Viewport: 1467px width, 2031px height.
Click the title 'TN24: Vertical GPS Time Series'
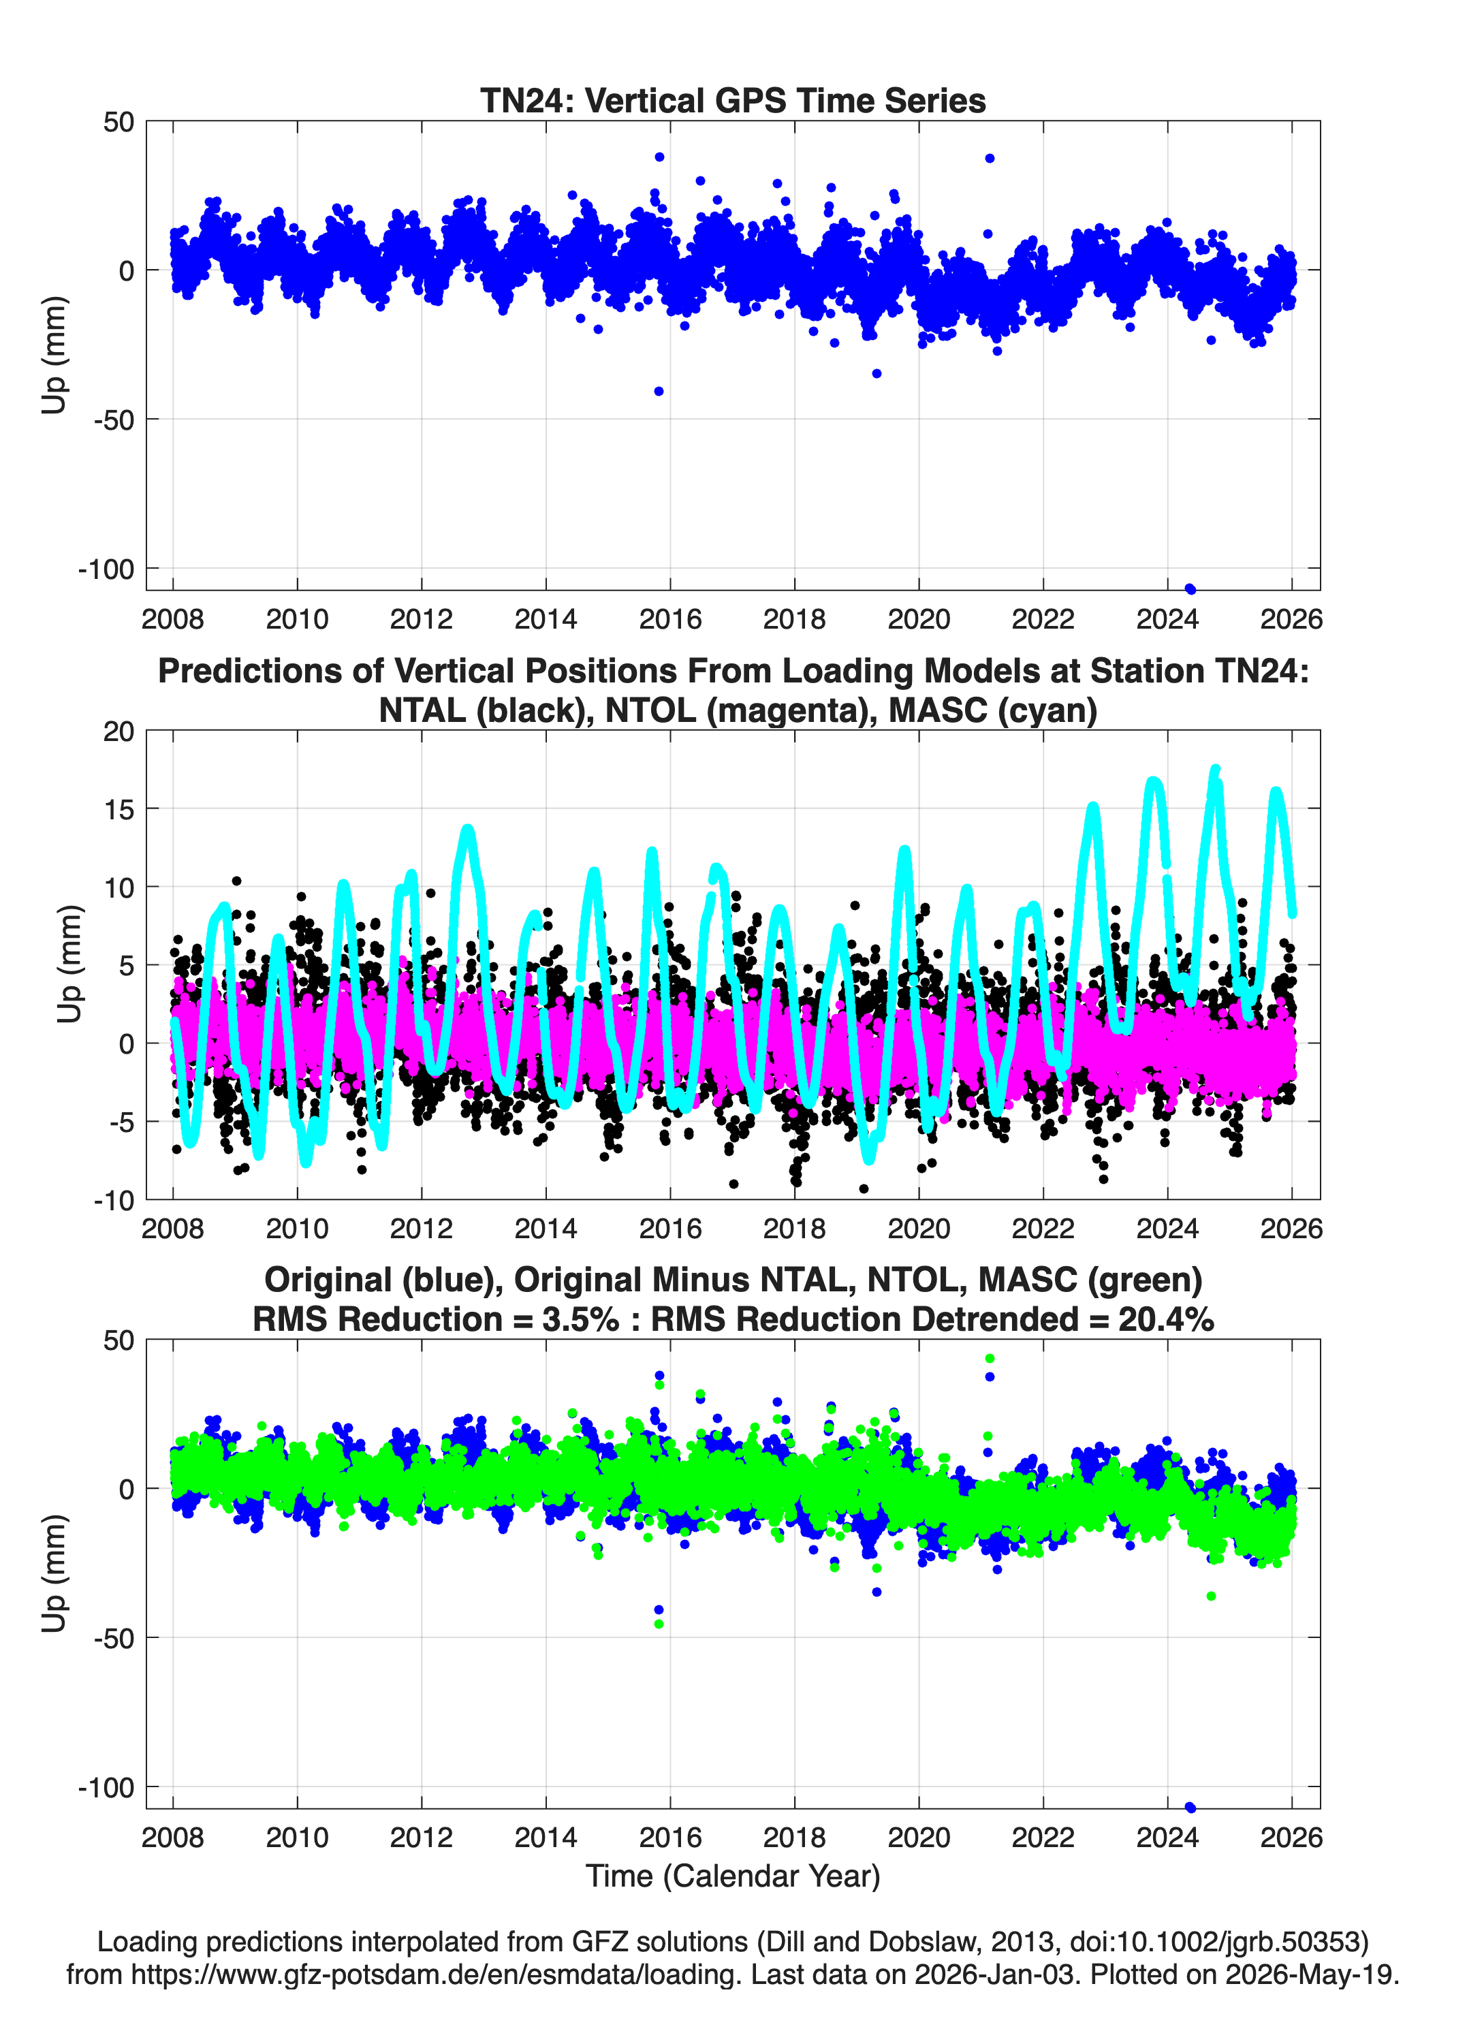click(x=733, y=100)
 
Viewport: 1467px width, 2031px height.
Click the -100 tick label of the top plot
click(x=106, y=569)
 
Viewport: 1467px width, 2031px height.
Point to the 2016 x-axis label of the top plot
click(x=670, y=619)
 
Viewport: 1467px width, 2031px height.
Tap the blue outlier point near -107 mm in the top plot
click(x=1190, y=588)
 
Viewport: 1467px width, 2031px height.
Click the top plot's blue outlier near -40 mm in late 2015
click(x=659, y=392)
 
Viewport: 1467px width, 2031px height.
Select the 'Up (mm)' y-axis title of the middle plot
click(x=70, y=964)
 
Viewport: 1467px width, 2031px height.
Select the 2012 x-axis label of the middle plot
click(x=421, y=1228)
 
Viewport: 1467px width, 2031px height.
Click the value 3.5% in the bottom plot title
click(x=580, y=1319)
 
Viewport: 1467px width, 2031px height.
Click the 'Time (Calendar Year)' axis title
click(x=733, y=1876)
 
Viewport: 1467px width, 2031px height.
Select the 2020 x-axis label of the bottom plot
click(x=919, y=1838)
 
